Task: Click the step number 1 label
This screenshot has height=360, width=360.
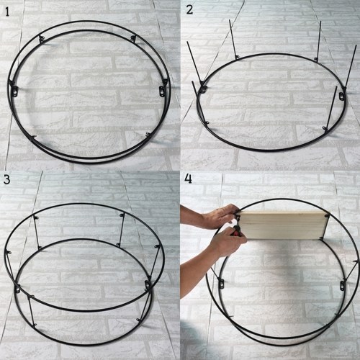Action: point(7,12)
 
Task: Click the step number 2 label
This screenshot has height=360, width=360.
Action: point(189,10)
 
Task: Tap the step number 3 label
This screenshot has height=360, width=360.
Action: point(6,179)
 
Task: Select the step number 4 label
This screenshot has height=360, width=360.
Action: point(189,179)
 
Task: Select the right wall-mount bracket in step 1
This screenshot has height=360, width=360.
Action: point(162,91)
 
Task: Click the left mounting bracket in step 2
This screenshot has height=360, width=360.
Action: point(203,89)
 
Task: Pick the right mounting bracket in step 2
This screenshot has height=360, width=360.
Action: point(341,96)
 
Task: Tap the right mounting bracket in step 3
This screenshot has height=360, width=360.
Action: point(148,285)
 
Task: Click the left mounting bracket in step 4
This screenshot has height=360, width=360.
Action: point(221,284)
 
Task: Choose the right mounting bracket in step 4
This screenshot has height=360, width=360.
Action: point(343,286)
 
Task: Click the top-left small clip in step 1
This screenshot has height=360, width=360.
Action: point(42,38)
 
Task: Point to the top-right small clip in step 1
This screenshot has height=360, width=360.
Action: point(133,38)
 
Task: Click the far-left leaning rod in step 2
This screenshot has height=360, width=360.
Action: point(195,63)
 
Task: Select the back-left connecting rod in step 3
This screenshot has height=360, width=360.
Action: point(37,233)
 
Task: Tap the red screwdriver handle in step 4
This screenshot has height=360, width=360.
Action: point(236,232)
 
